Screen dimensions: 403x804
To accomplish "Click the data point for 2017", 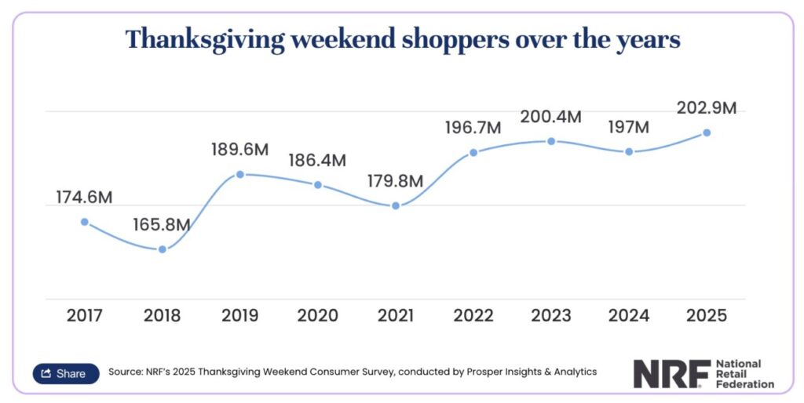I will (x=85, y=222).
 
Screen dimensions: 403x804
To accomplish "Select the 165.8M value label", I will (x=163, y=225).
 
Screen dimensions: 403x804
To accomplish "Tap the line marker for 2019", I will (x=240, y=174).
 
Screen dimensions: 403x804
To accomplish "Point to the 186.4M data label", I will (x=318, y=160).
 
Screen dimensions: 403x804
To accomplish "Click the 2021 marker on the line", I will (x=396, y=205).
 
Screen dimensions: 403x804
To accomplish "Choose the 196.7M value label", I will (x=473, y=128).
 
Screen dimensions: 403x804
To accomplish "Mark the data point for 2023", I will (x=551, y=141).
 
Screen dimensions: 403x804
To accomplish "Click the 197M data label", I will (x=628, y=127).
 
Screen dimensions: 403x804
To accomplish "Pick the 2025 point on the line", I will (x=707, y=133).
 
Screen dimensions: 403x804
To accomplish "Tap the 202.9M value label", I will (x=707, y=108).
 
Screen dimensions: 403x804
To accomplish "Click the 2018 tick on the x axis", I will (x=163, y=316).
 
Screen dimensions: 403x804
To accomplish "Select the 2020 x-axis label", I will (x=318, y=316).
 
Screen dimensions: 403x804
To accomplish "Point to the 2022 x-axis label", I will (x=473, y=316).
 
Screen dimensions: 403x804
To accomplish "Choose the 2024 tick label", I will (x=628, y=316).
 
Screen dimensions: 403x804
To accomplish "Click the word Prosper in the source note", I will (x=448, y=372).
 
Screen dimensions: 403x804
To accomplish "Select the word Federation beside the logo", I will (x=744, y=384).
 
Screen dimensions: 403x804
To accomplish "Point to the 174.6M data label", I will (x=85, y=198).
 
